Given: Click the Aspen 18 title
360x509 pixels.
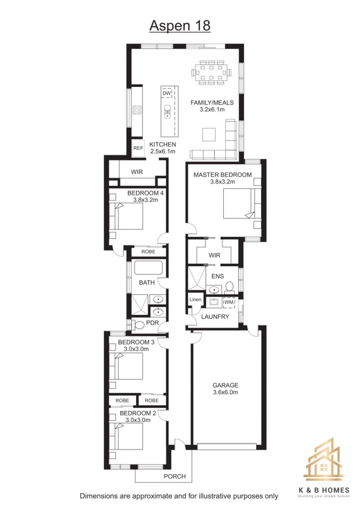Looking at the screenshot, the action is coord(180,26).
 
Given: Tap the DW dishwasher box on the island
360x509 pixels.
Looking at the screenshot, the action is coord(167,93).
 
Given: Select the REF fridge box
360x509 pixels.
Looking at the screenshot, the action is coord(138,148).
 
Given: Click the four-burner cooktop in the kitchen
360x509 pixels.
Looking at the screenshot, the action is coord(137,110).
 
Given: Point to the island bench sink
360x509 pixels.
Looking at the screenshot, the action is coord(167,112).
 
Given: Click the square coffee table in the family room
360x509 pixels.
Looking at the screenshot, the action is coord(209,134).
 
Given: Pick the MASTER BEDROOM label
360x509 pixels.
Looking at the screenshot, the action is coord(223,174).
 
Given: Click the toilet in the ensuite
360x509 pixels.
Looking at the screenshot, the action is coord(230,287).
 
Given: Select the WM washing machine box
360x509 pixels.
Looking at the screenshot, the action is coord(229,302).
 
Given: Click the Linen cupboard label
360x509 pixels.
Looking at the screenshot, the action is coord(195,299).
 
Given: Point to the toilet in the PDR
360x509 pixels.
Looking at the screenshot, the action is coord(139,325).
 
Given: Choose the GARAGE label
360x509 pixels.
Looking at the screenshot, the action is coord(225,385).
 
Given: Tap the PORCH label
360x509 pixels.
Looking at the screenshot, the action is coord(175,476).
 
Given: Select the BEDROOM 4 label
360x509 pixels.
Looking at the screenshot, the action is coord(145,193).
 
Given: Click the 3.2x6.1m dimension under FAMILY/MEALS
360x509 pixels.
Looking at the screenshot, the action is coord(212,109).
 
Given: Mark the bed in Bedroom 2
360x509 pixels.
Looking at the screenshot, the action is coord(126,436).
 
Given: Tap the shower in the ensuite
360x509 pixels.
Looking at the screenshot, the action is coord(197,278).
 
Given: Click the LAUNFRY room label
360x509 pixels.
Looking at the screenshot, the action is coord(215,317).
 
